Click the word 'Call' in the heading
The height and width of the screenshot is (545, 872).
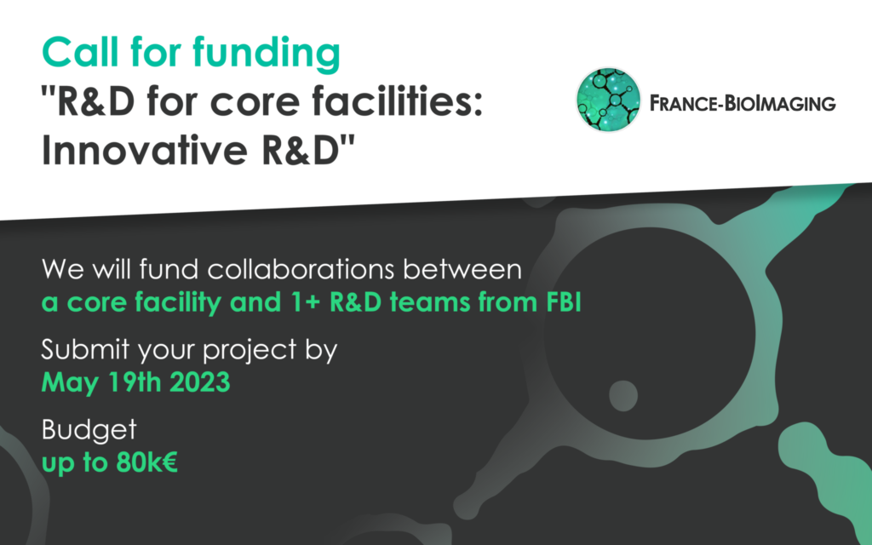[81, 52]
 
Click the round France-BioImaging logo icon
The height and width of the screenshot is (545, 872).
[608, 100]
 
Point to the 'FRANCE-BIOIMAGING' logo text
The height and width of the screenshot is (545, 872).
[743, 103]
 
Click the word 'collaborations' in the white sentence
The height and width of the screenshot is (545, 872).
[301, 269]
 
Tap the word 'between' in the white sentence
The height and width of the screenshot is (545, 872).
[462, 269]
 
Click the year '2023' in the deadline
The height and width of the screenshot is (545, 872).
[199, 382]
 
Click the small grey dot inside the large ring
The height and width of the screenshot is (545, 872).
[623, 396]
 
